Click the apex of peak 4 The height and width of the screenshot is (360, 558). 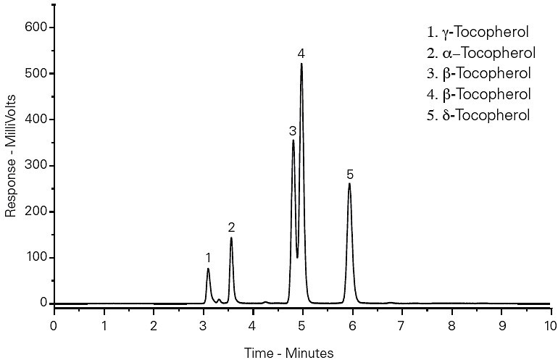click(x=301, y=64)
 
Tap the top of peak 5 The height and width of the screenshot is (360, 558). click(x=349, y=183)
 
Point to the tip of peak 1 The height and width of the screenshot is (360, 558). click(x=208, y=269)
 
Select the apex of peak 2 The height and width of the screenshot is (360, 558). click(x=231, y=238)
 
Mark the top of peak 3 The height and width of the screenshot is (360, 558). click(x=293, y=140)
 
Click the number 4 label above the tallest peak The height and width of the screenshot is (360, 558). click(x=301, y=54)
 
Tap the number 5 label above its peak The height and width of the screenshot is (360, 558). click(x=349, y=175)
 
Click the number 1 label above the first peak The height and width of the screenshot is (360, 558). click(x=208, y=258)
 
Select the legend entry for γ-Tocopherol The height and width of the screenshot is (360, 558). click(x=478, y=33)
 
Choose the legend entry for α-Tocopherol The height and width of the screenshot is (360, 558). click(x=481, y=53)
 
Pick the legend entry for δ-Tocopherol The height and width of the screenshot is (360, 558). click(x=478, y=115)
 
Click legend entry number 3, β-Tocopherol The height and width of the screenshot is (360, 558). click(x=479, y=73)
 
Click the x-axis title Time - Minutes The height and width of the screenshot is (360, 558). click(x=290, y=353)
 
